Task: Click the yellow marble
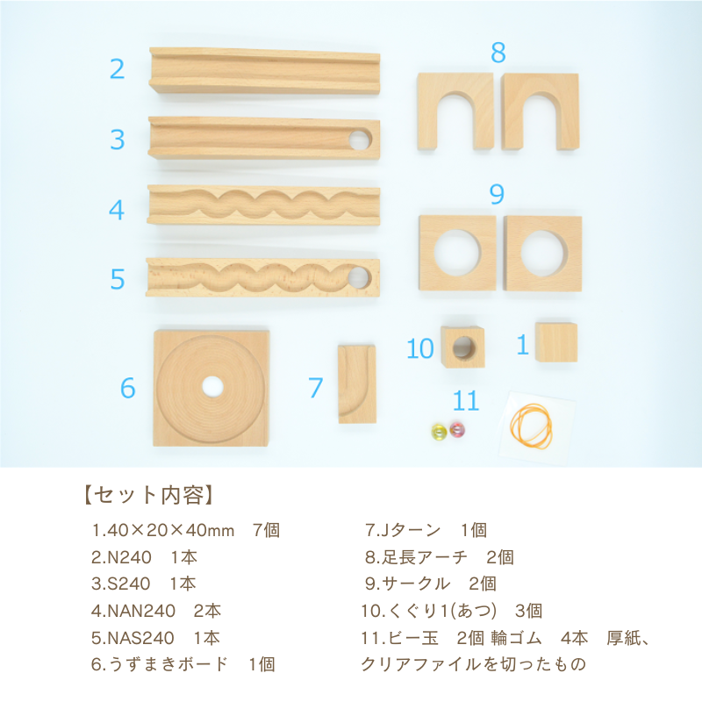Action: [439, 432]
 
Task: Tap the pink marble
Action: [457, 430]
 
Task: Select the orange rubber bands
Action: [532, 426]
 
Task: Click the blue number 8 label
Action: [498, 53]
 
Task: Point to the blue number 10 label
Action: [419, 348]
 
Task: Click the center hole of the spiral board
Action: [212, 386]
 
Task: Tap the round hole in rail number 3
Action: [360, 140]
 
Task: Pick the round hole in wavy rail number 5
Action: [360, 277]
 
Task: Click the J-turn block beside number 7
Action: [357, 384]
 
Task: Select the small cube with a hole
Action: [463, 347]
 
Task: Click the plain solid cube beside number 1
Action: [556, 342]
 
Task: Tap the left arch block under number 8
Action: [455, 111]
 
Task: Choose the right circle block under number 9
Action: [543, 254]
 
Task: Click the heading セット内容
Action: [147, 496]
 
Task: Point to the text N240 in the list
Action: [129, 557]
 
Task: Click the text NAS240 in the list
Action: [140, 638]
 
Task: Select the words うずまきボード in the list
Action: [168, 664]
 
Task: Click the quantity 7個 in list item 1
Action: [266, 531]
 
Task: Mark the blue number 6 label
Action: [127, 388]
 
